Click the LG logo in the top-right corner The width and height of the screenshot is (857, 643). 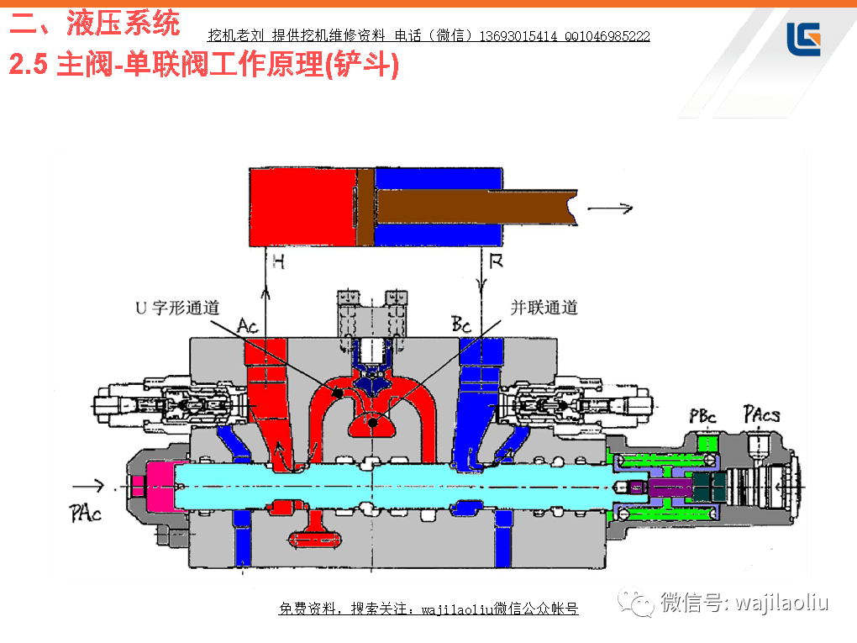(x=802, y=39)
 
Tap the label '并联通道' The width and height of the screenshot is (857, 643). (x=544, y=308)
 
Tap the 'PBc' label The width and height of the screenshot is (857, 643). (x=703, y=416)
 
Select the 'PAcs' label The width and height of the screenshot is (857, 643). (x=761, y=414)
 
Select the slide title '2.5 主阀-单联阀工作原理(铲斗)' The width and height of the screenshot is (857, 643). (x=203, y=65)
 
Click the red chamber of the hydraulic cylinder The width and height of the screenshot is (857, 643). (x=303, y=206)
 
